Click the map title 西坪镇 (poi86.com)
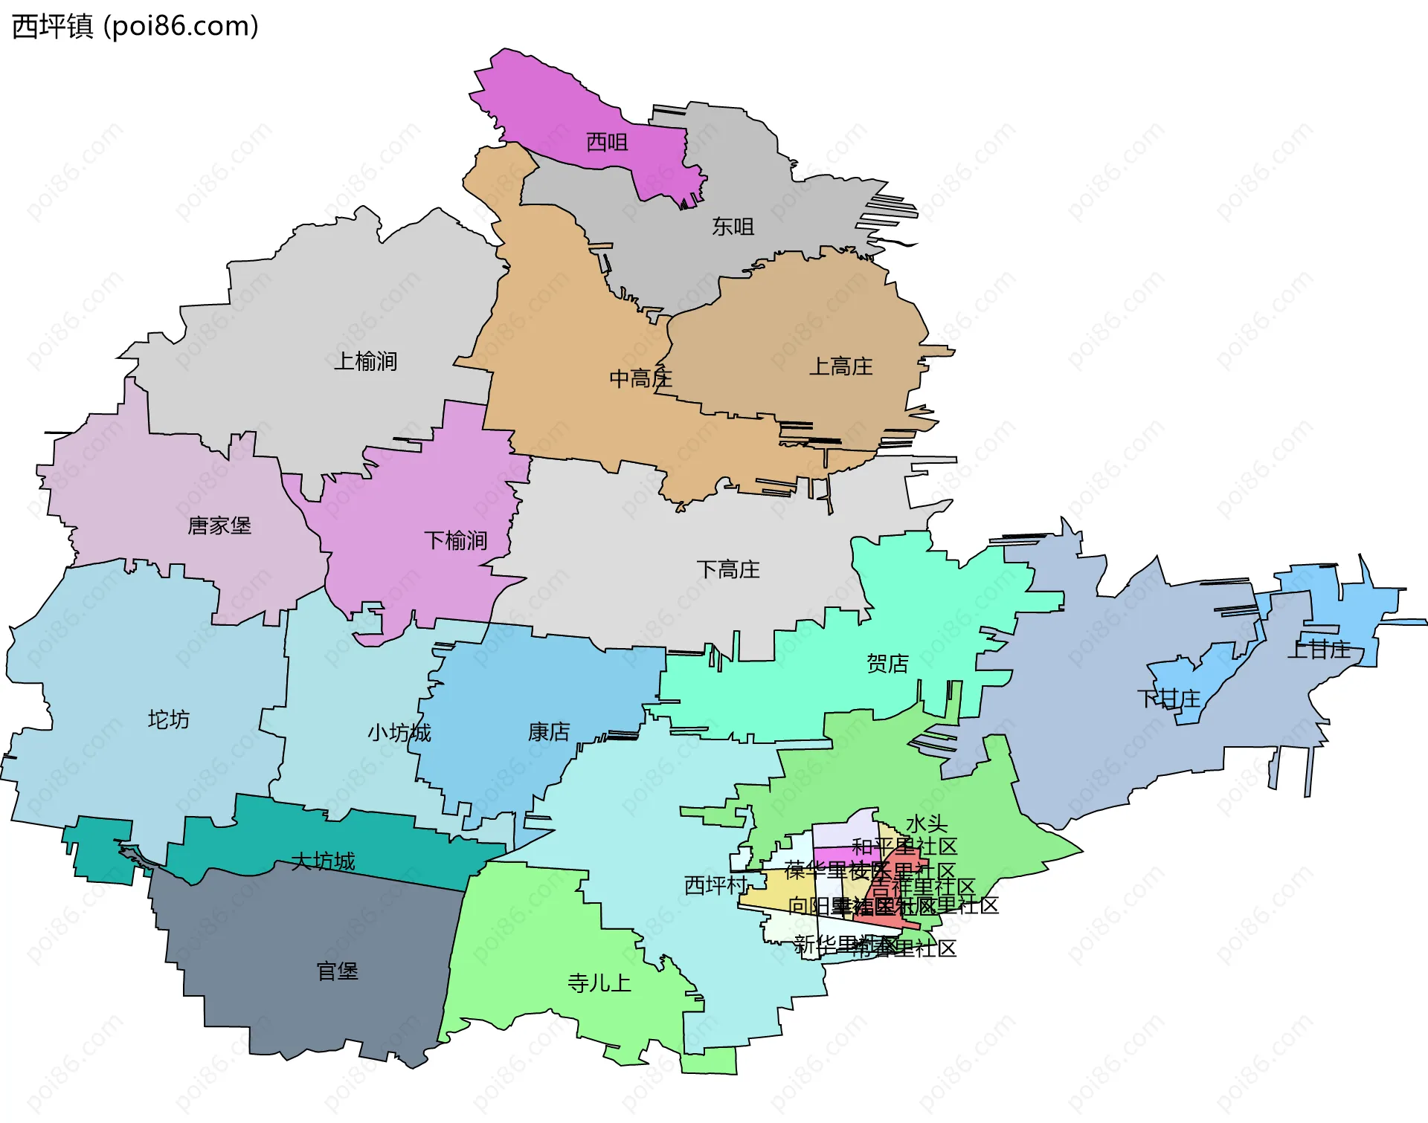coord(135,27)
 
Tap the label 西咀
coord(607,141)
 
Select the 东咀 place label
coord(733,226)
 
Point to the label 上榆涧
coord(365,361)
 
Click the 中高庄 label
coord(640,379)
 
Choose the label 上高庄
coord(840,366)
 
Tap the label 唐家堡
coord(219,526)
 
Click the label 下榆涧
coord(455,540)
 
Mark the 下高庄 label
coord(728,570)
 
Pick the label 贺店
coord(887,663)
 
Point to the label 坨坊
coord(169,719)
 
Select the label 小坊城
coord(399,733)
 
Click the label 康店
coord(549,732)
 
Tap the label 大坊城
coord(323,861)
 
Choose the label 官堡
coord(337,971)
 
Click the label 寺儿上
coord(599,983)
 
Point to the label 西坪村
coord(715,885)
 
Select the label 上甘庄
coord(1319,649)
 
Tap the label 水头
coord(927,823)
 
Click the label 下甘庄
coord(1168,699)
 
